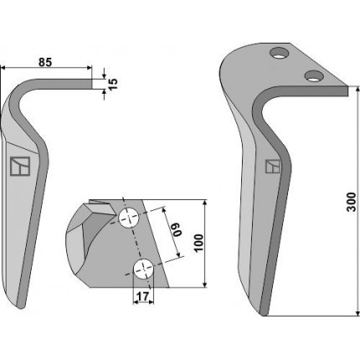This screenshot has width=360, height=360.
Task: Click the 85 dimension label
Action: pyautogui.click(x=45, y=62)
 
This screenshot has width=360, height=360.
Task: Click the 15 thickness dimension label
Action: pyautogui.click(x=113, y=84)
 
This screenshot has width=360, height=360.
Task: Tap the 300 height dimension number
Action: pyautogui.click(x=352, y=202)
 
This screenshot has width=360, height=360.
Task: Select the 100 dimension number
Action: pyautogui.click(x=198, y=243)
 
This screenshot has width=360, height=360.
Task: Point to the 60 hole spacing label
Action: pyautogui.click(x=177, y=229)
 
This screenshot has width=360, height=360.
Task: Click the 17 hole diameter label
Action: pyautogui.click(x=143, y=296)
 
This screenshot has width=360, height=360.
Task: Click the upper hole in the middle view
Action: pyautogui.click(x=129, y=218)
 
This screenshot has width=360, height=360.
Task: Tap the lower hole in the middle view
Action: pyautogui.click(x=144, y=269)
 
